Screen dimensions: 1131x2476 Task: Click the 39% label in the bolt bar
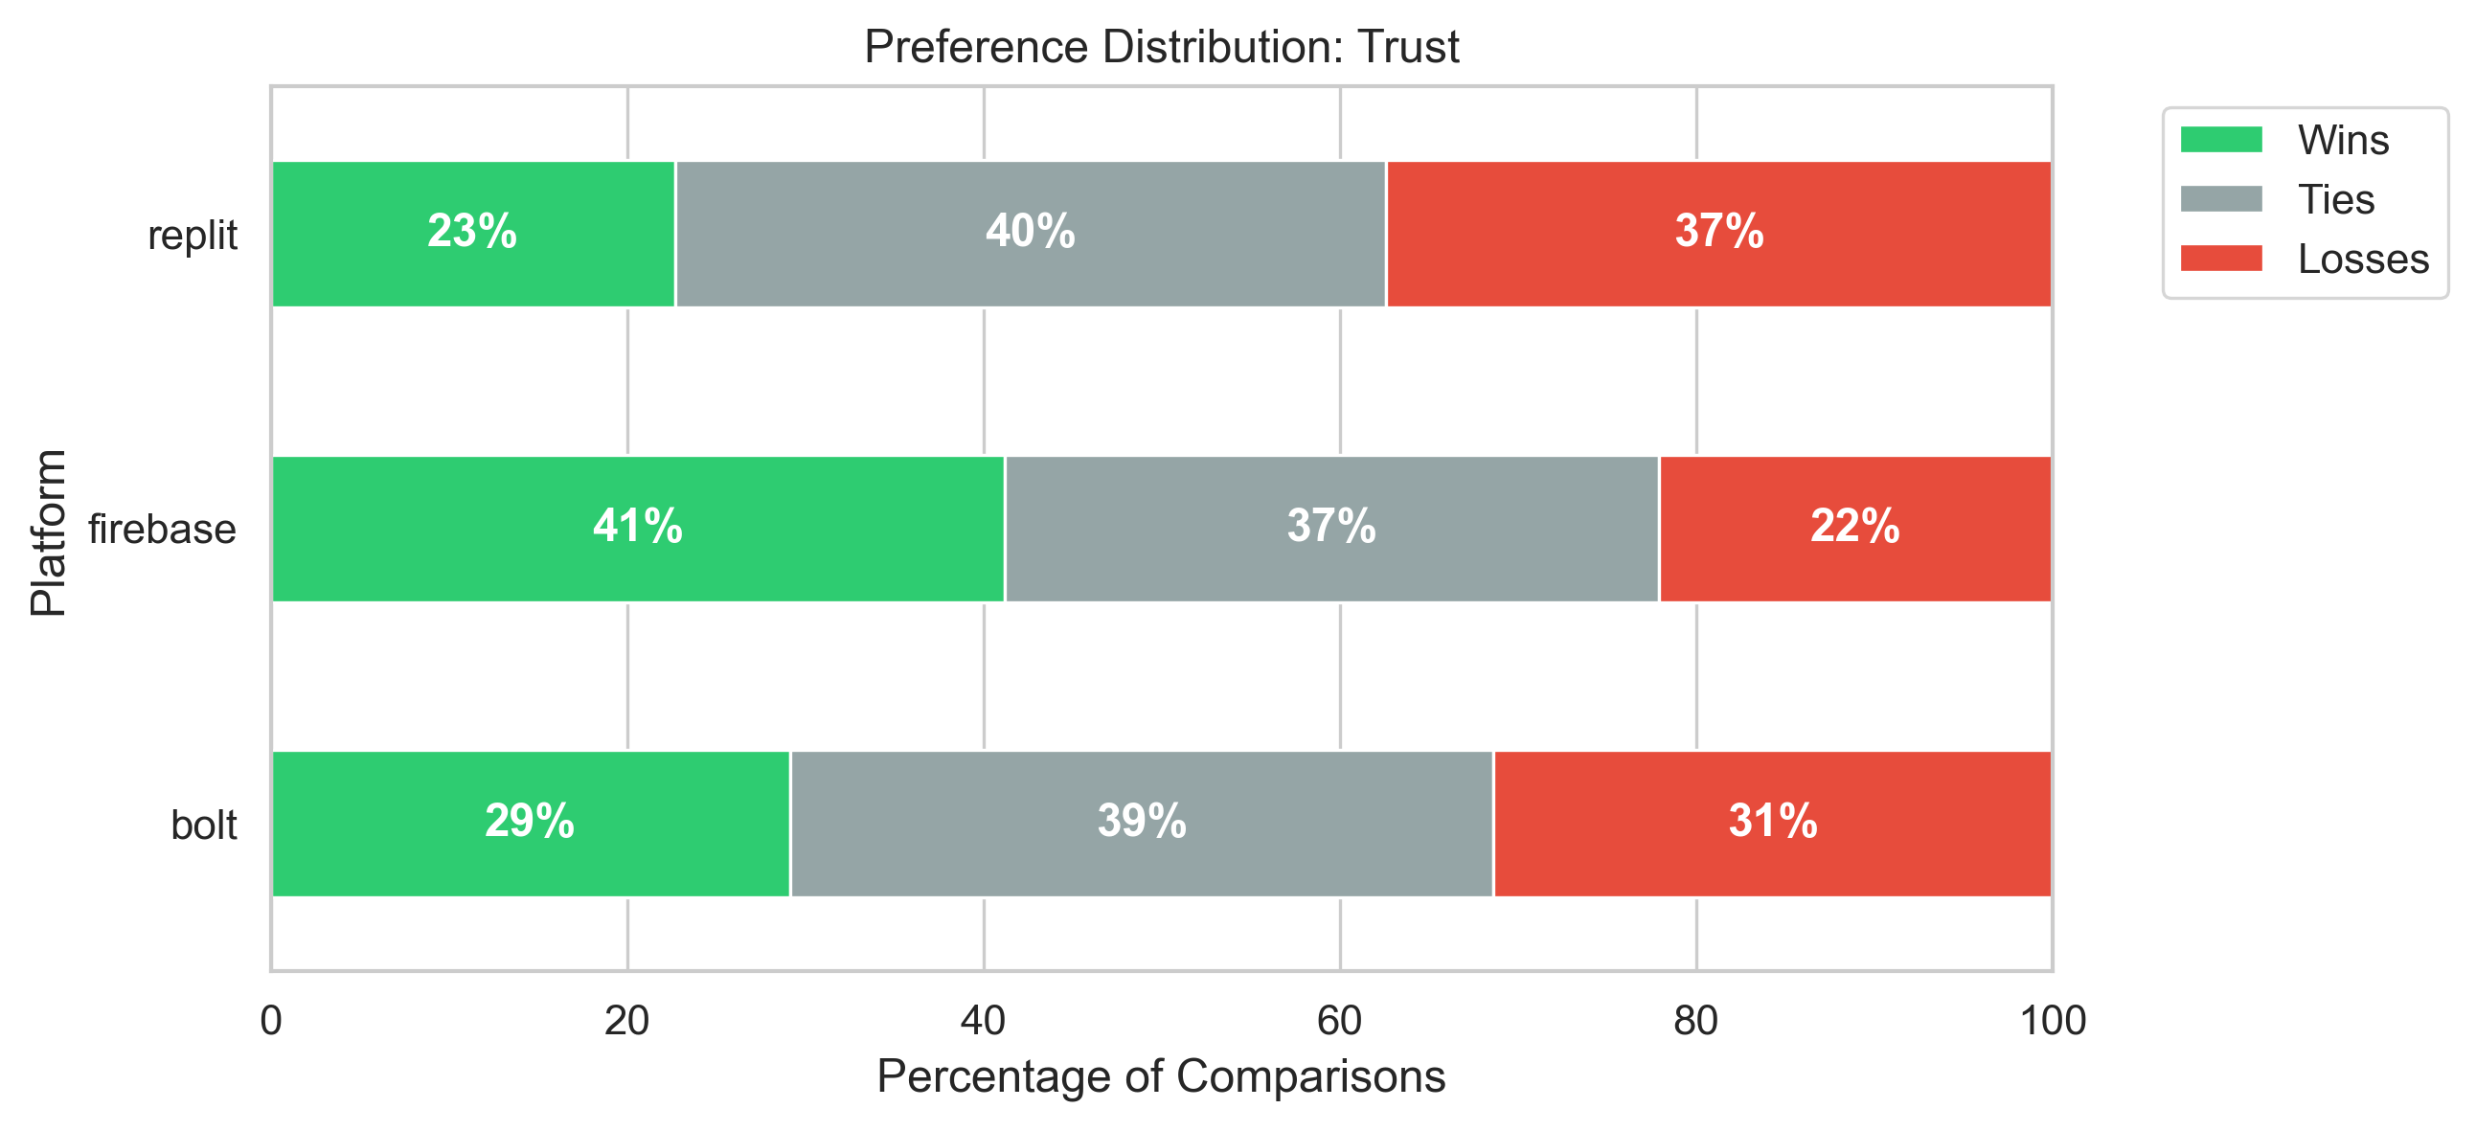(x=1142, y=822)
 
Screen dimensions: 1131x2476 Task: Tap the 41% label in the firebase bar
(x=637, y=527)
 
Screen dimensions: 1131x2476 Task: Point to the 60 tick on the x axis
(x=1340, y=1021)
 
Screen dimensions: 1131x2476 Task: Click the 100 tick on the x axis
(x=2052, y=1021)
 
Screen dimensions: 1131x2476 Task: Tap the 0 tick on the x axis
(x=271, y=1021)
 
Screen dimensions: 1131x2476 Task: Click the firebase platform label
(x=163, y=530)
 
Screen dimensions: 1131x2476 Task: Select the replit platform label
(x=193, y=236)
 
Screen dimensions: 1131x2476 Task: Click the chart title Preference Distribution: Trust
(x=1161, y=46)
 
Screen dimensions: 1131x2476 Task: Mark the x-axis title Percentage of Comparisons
(x=1161, y=1076)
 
